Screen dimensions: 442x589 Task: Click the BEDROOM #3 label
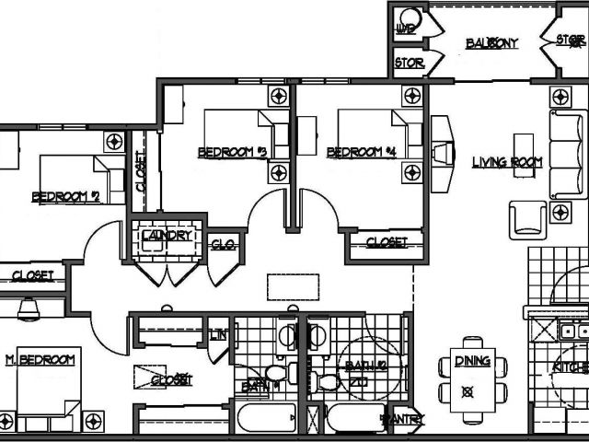point(232,153)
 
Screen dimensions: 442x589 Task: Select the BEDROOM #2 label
point(65,196)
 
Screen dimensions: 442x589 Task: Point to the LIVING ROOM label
point(507,163)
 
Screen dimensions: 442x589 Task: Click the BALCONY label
point(491,43)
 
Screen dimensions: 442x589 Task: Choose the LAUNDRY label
point(167,236)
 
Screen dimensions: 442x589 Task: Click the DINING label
point(472,362)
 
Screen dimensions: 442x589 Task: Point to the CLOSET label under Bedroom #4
point(387,242)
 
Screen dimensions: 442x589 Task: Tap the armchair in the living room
point(527,219)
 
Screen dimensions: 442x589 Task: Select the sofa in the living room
point(568,154)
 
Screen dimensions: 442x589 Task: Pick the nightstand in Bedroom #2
point(114,142)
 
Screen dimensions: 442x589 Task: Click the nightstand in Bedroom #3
point(278,97)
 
